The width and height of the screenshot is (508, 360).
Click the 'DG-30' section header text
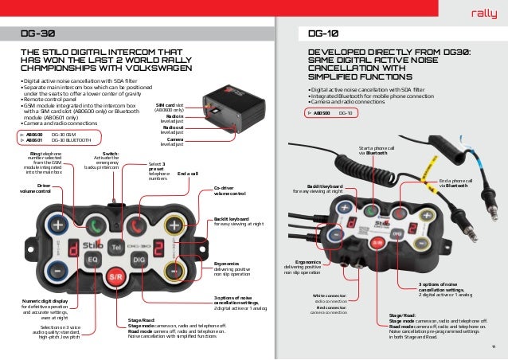coord(37,34)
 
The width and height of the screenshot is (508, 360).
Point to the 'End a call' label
coord(188,172)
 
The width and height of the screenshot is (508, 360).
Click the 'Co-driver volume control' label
coord(230,190)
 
